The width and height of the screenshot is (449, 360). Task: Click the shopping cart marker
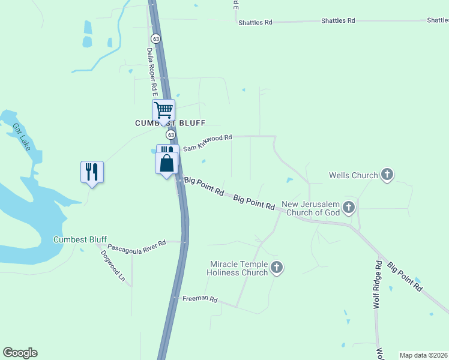click(163, 110)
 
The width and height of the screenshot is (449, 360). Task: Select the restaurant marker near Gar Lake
click(92, 172)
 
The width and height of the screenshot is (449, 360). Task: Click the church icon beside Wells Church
click(387, 175)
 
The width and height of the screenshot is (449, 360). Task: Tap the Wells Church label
click(353, 176)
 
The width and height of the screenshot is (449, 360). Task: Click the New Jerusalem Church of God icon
click(349, 208)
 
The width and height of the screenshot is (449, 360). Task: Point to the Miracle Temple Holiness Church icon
click(276, 268)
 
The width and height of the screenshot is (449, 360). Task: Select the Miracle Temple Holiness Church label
click(238, 268)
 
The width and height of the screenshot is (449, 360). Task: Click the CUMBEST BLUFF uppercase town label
click(169, 123)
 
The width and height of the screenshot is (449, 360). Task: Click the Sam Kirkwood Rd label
click(207, 142)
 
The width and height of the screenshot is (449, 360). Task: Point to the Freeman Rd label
click(199, 299)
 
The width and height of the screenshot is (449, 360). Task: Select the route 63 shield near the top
click(156, 38)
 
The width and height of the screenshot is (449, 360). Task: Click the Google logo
click(20, 353)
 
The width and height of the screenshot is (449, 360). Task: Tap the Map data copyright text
click(423, 355)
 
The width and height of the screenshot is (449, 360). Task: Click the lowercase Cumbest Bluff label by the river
click(80, 239)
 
